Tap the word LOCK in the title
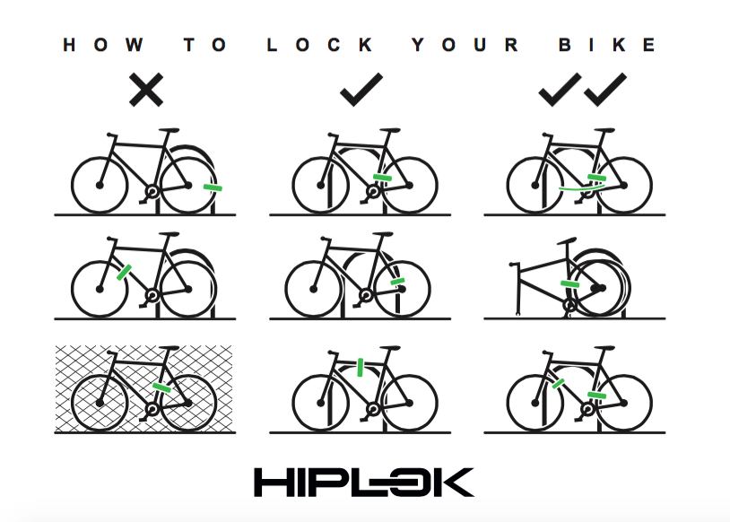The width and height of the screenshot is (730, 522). click(x=319, y=45)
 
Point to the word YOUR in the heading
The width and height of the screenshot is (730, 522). click(x=465, y=45)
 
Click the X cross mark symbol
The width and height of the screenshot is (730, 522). click(x=146, y=90)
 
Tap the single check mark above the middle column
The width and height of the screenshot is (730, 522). click(x=361, y=90)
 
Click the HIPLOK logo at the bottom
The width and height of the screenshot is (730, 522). click(x=364, y=483)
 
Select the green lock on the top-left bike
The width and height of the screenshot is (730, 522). click(x=213, y=187)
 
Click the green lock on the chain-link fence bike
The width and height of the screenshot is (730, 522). click(x=162, y=387)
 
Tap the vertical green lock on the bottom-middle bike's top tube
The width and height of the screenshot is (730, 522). click(x=360, y=367)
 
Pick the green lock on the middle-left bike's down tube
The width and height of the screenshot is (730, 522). click(x=124, y=273)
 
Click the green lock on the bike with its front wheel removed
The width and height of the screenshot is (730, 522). click(x=570, y=284)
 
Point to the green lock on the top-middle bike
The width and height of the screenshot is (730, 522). click(x=383, y=178)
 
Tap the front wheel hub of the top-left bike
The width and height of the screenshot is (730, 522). click(x=100, y=186)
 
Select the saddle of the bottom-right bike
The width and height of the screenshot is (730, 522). click(x=604, y=348)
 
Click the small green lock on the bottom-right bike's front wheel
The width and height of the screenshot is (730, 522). click(x=558, y=384)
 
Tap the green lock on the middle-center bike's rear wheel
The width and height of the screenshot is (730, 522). click(x=397, y=282)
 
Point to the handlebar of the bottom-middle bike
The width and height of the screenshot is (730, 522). click(x=333, y=352)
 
